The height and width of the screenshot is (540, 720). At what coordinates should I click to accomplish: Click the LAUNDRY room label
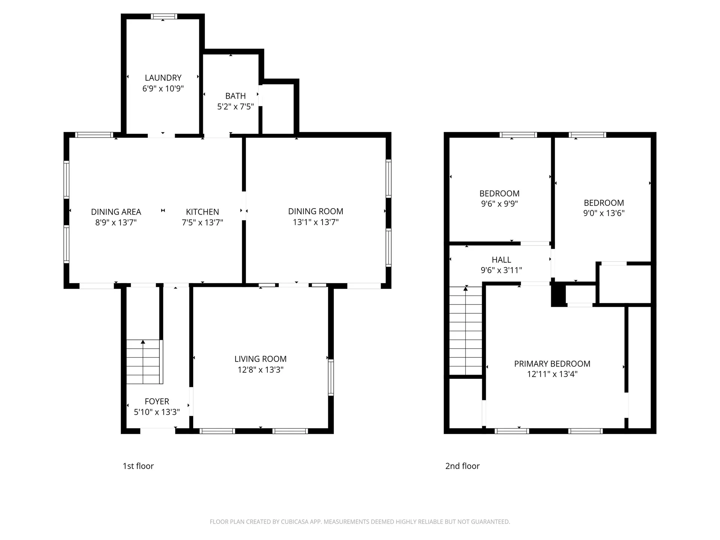tap(163, 78)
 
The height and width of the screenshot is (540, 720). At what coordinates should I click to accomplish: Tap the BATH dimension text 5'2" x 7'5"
tap(235, 106)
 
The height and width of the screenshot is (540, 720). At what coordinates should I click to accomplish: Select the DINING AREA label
tap(116, 212)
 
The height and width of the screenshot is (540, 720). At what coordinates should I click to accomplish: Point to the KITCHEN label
tap(202, 212)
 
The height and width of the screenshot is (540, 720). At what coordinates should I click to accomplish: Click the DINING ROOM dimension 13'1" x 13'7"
tap(316, 222)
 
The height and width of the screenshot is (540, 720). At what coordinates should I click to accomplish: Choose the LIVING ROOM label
tap(261, 359)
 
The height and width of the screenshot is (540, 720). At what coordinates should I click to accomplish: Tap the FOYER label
tap(157, 401)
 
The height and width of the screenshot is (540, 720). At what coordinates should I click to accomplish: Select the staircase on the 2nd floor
tap(466, 330)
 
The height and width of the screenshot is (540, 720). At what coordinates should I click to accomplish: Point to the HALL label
tap(501, 259)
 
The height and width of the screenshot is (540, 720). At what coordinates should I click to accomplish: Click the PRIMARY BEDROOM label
tap(552, 364)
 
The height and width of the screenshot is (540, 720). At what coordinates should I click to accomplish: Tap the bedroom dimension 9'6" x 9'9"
tap(499, 204)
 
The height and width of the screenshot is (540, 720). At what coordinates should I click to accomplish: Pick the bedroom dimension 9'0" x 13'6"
tap(604, 213)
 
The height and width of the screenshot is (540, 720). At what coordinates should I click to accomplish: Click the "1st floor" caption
tap(138, 466)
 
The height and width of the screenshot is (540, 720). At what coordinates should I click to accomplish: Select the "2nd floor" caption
tap(462, 466)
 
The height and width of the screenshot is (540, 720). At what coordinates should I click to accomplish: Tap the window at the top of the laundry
tap(164, 16)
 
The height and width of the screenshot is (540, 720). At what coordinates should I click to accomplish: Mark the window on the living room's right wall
tap(331, 377)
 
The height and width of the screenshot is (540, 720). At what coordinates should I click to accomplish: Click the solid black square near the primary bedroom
tap(558, 295)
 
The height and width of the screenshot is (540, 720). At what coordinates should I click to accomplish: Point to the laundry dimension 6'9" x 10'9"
tap(163, 88)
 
